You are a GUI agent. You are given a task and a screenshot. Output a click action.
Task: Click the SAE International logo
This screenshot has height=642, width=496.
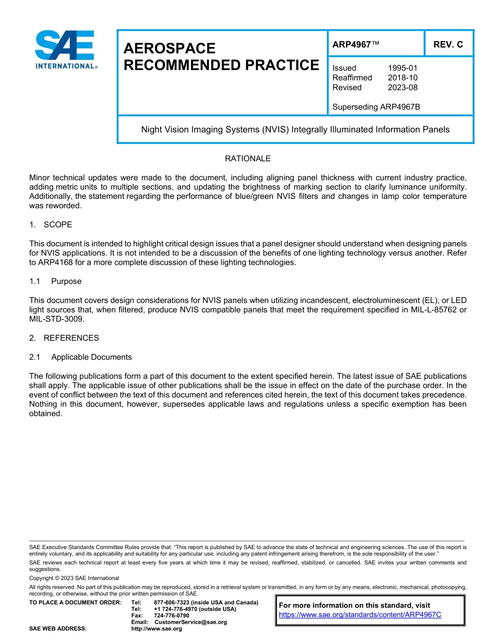coord(65,50)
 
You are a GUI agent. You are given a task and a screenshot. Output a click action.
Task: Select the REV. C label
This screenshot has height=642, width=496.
coord(448,44)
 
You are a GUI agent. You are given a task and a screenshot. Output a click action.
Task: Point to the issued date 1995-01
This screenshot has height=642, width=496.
coord(403,68)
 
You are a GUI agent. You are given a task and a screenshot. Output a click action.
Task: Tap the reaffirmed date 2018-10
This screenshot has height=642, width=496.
coord(403,78)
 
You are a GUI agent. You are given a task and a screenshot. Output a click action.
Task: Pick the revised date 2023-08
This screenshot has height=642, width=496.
coord(403,88)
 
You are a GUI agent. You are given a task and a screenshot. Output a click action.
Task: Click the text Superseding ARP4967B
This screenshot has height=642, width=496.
coord(376,107)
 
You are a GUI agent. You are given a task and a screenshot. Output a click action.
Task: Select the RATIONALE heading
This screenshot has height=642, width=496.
coord(247,159)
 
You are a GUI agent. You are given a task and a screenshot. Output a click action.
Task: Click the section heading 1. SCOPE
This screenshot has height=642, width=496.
coord(51,224)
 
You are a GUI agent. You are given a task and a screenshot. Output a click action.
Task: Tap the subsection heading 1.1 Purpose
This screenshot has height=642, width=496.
coord(55,281)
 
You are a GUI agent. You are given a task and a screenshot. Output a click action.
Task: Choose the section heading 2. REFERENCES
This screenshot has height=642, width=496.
coord(64,338)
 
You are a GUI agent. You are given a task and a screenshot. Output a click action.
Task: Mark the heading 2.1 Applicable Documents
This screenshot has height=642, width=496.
coord(80,357)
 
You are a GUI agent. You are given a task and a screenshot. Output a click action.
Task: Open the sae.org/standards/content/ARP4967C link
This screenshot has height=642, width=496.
coord(360,615)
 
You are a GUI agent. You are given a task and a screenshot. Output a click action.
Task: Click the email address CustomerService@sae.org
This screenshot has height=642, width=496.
coord(191,622)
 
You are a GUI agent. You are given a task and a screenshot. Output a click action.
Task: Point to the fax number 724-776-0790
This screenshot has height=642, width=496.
coord(171,616)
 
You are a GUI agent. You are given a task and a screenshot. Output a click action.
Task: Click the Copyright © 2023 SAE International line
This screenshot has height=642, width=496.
coord(74,578)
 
